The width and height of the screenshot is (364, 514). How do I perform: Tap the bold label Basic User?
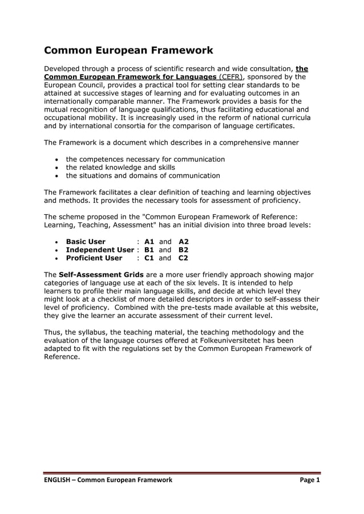click(x=86, y=242)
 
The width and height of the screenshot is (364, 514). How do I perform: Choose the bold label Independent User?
click(x=100, y=250)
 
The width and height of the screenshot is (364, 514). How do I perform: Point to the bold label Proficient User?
click(x=94, y=258)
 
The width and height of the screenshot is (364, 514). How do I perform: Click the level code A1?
click(x=150, y=242)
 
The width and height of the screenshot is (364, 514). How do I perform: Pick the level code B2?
click(x=183, y=250)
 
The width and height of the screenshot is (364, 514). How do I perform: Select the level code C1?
click(x=150, y=258)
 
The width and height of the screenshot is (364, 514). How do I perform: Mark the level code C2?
click(x=183, y=258)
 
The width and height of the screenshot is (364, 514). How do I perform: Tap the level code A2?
click(x=183, y=242)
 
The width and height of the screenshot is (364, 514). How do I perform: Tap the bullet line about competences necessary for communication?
click(x=145, y=160)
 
